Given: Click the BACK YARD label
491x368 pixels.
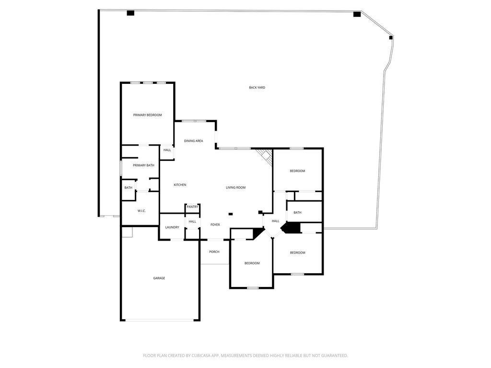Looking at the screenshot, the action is click(257, 88).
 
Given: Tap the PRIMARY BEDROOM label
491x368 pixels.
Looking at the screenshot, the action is click(148, 115).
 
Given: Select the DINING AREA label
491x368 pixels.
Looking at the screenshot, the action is click(194, 141).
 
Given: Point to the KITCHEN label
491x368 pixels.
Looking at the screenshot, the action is click(180, 185).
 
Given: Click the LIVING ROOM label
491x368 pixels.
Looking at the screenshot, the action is click(236, 187).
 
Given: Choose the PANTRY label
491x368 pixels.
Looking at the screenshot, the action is click(193, 207).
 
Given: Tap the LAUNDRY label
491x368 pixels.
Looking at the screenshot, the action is click(172, 227).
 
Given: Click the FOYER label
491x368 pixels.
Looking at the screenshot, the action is click(215, 225).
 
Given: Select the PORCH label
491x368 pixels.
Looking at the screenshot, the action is click(214, 252).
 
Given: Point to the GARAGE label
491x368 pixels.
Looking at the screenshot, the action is click(159, 278).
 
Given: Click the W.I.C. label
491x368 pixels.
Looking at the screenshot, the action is click(141, 211).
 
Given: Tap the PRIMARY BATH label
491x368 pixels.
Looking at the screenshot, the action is click(144, 165).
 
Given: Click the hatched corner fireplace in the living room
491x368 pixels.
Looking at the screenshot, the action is click(265, 156).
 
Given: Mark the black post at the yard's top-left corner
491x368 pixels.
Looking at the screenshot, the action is click(130, 13).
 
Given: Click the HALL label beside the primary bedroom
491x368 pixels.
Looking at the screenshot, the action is click(167, 150).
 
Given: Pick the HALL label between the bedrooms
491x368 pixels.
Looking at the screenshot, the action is click(276, 221).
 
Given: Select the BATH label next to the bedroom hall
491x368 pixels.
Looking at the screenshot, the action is click(297, 212).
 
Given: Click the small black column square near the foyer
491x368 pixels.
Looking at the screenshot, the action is click(231, 214).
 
